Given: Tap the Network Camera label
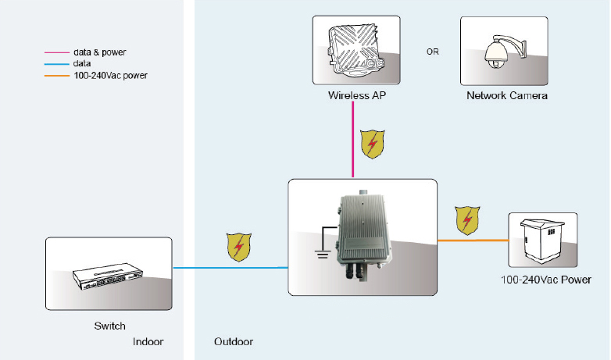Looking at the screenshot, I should point(507,96).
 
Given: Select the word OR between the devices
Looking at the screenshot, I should point(432,52).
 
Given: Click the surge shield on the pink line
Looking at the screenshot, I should point(372,144).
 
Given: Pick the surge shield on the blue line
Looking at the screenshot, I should point(238,245).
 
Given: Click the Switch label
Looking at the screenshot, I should point(109,326).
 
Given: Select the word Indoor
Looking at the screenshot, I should point(148,342).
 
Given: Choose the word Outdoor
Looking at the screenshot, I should point(234,342).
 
